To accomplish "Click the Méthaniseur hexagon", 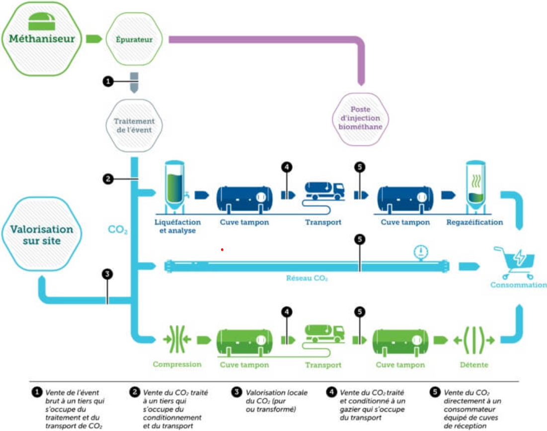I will coord(41,38).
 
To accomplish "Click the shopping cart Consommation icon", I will coord(518,262).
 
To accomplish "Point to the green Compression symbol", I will coord(177,340).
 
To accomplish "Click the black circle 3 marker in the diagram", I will coord(107,274).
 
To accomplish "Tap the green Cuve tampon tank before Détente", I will coord(400,342).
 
